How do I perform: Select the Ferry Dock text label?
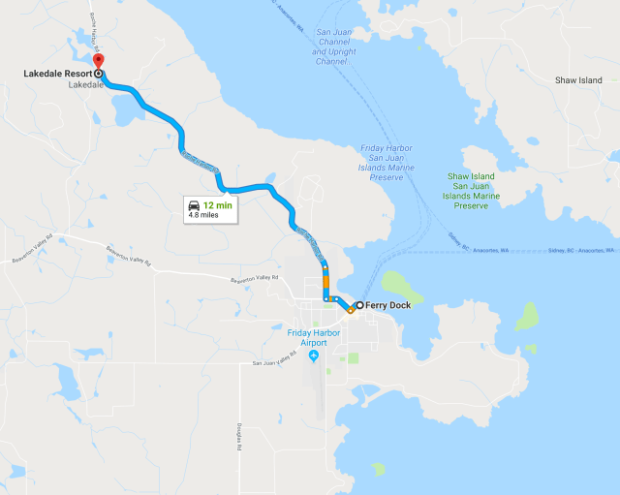[x=391, y=306]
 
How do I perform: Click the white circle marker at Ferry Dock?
[x=359, y=306]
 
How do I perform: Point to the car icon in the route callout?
[x=194, y=205]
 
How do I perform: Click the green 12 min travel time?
[x=217, y=205]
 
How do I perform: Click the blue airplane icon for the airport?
[x=313, y=356]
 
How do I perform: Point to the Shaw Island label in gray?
[x=578, y=80]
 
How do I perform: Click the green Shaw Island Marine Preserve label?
[x=471, y=191]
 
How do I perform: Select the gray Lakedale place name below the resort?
[x=85, y=85]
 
